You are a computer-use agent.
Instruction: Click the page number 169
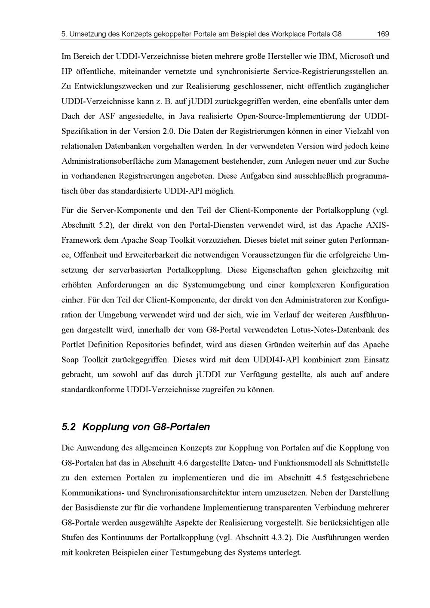coord(383,34)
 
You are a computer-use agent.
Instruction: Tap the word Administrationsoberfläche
coord(116,161)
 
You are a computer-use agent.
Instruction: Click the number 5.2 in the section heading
coord(69,427)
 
